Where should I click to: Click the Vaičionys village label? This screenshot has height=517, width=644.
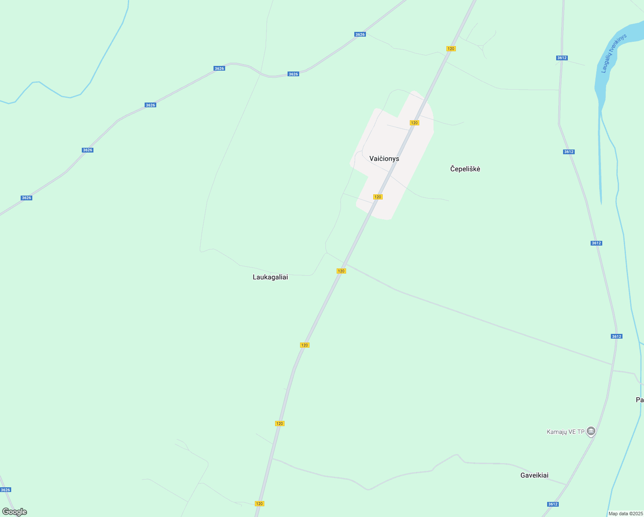coord(384,159)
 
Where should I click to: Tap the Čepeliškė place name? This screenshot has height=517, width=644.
coord(465,169)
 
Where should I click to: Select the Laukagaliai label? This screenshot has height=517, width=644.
coord(270,277)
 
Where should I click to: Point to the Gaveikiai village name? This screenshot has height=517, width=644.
coord(534,475)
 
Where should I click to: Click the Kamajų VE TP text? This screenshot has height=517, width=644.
coord(565,432)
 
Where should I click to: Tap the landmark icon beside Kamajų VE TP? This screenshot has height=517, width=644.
coord(591,431)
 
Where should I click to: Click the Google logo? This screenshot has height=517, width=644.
coord(14,512)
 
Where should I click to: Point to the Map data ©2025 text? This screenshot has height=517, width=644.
coord(625,514)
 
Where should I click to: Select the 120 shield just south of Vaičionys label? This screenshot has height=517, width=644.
coord(378,197)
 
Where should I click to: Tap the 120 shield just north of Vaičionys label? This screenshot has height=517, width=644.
coord(414,123)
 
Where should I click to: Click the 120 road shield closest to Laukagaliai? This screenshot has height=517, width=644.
coord(341,271)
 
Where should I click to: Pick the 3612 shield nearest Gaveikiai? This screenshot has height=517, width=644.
coord(553,504)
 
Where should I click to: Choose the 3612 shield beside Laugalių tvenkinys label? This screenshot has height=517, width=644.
coord(561,58)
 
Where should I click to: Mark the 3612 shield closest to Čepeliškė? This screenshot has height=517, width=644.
coord(568,152)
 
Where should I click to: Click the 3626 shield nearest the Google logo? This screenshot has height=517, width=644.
coord(5,490)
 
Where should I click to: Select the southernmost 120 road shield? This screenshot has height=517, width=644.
coord(259,504)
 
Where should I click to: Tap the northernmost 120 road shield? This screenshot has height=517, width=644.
coord(451,49)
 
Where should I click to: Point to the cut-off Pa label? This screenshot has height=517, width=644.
coord(639,400)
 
